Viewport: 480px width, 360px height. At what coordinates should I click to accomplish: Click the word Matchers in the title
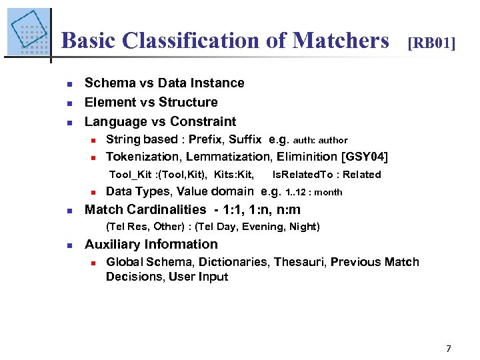click(x=341, y=41)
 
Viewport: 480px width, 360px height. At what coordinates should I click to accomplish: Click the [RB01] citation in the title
click(x=431, y=43)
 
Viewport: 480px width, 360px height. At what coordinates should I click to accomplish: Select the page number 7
click(x=449, y=348)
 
